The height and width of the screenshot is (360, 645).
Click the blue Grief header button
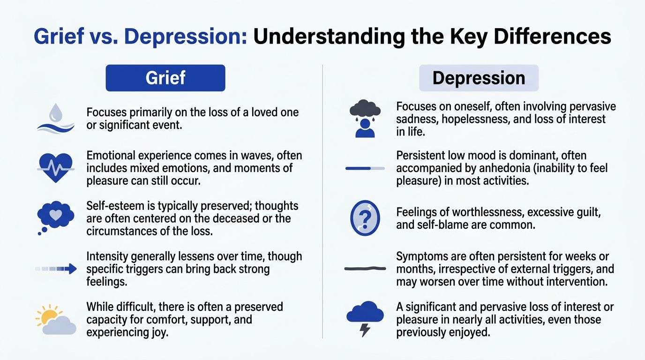coord(165,78)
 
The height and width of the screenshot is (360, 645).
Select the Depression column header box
coord(479,78)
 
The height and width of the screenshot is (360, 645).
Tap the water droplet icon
coord(56,112)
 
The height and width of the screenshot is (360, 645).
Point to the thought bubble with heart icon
coord(56,216)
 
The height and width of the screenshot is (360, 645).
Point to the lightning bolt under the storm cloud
coord(365,330)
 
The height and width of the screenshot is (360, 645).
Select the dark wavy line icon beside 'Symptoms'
coord(365,269)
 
